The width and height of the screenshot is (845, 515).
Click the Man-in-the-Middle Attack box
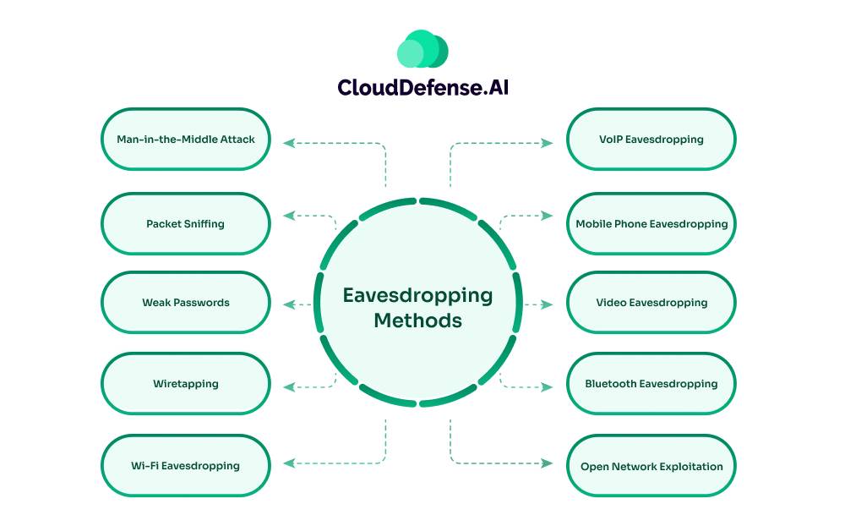click(x=186, y=139)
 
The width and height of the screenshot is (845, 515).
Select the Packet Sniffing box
click(x=186, y=224)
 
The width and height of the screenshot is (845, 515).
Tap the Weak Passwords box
click(x=186, y=303)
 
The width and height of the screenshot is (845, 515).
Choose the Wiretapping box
click(x=186, y=384)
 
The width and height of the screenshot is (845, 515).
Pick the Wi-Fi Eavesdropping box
click(x=186, y=466)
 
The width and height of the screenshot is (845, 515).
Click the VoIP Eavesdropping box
click(x=651, y=139)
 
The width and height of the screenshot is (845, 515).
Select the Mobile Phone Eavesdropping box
click(x=651, y=224)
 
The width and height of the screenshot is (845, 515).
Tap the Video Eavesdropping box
click(x=651, y=303)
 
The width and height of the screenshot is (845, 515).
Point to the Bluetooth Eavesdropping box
click(x=651, y=384)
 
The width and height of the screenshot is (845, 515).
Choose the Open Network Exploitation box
click(x=651, y=466)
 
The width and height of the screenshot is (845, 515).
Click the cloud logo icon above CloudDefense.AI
click(x=422, y=50)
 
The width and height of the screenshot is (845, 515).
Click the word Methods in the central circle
click(x=417, y=321)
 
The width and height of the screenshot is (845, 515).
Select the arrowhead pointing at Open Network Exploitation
click(x=548, y=463)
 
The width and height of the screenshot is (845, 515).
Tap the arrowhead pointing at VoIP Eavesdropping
click(x=548, y=143)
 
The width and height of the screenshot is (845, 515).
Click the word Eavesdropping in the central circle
click(x=417, y=295)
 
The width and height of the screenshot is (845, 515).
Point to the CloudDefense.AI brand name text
click(x=422, y=88)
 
